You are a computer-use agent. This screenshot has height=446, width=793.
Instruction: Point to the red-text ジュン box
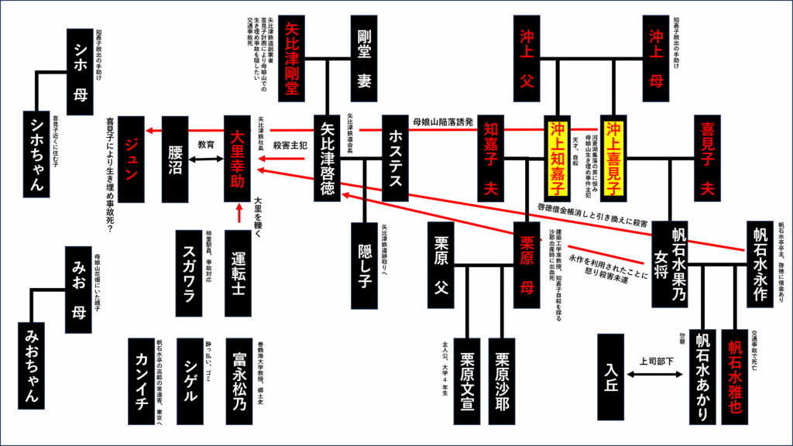click(132, 160)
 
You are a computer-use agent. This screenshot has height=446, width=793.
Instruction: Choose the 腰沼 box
click(177, 160)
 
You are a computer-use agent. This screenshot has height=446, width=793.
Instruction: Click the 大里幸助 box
click(240, 160)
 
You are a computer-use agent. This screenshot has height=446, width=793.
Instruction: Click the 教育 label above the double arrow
click(205, 144)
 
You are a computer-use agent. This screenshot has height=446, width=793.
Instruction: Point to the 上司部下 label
click(657, 361)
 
